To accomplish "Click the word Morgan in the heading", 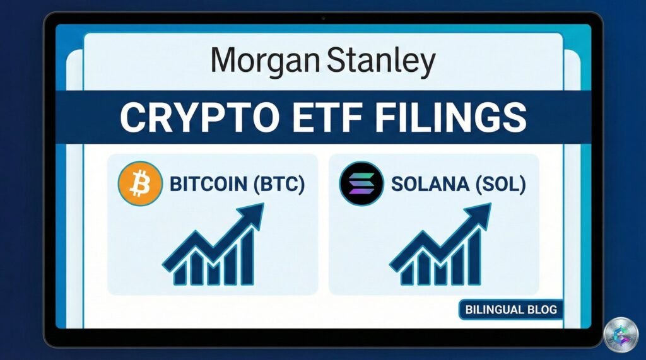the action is pyautogui.click(x=266, y=62).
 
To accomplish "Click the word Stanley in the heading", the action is pyautogui.click(x=381, y=62).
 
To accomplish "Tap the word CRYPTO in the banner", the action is pyautogui.click(x=199, y=117).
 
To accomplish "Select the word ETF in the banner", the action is pyautogui.click(x=328, y=117).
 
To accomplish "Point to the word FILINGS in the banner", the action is pyautogui.click(x=451, y=117).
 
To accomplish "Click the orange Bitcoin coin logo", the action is pyautogui.click(x=140, y=183).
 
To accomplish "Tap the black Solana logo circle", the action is pyautogui.click(x=361, y=183).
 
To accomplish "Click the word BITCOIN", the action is pyautogui.click(x=208, y=184).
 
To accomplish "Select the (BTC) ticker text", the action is pyautogui.click(x=279, y=184).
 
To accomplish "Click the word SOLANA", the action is pyautogui.click(x=430, y=184).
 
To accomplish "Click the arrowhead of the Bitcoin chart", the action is pyautogui.click(x=251, y=215).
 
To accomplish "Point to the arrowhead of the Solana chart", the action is pyautogui.click(x=479, y=215).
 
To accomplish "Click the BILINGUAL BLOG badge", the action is pyautogui.click(x=511, y=310).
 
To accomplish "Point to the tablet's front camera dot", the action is pyautogui.click(x=323, y=18).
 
